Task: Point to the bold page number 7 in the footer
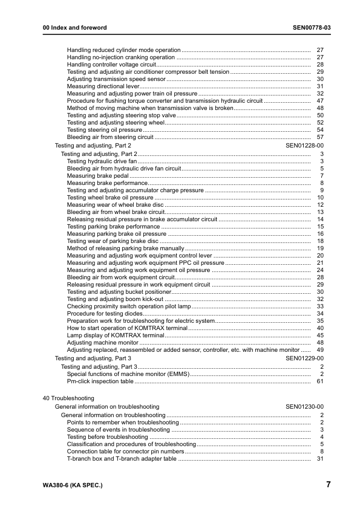coord(328,484)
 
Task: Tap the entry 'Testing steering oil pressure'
coord(105,129)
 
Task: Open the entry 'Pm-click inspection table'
coord(100,381)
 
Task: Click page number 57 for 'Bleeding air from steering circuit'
coord(320,137)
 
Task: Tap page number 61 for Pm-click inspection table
coord(320,381)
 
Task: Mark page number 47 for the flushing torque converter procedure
coord(320,101)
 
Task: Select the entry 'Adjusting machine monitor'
coord(103,342)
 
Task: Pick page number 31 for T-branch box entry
coord(320,459)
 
